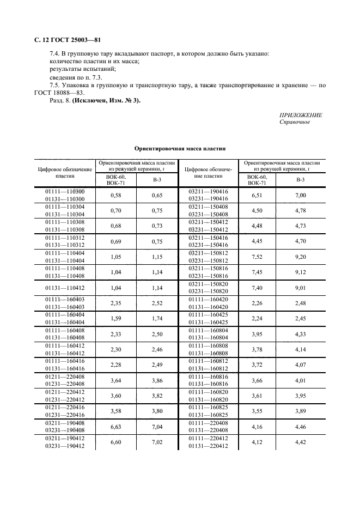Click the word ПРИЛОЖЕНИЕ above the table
300,116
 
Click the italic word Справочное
295,122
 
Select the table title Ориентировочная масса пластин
180,148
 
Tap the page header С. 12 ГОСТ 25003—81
64,40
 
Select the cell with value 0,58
115,195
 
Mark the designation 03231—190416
208,199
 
